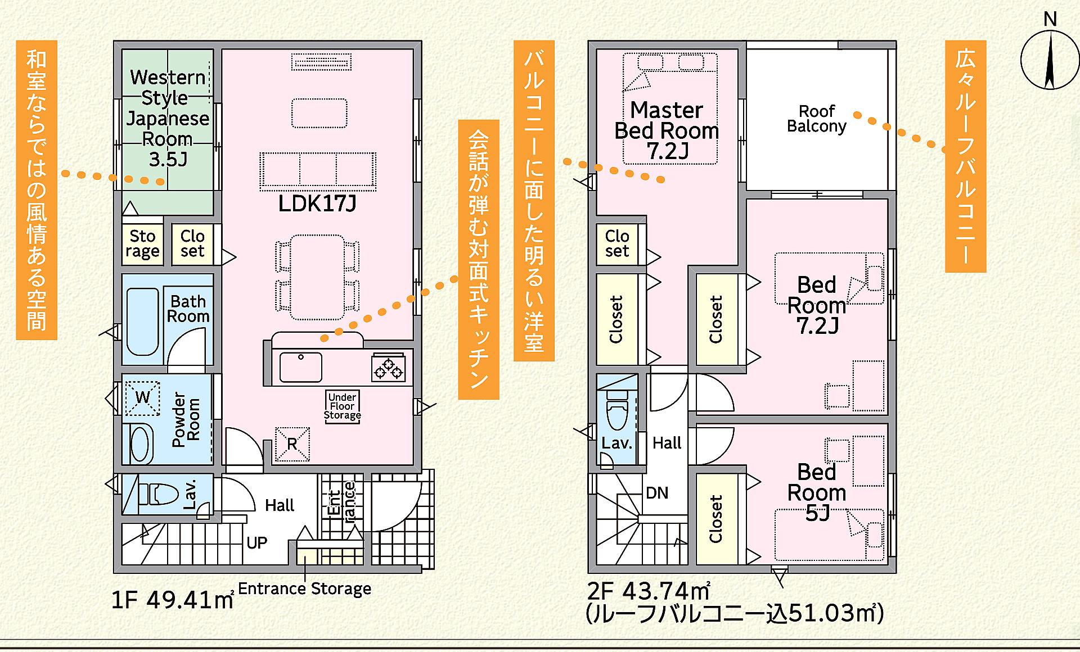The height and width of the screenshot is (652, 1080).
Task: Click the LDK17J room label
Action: (317, 203)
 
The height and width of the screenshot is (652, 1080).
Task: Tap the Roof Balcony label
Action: (817, 119)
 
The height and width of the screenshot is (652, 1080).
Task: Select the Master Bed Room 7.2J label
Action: (667, 130)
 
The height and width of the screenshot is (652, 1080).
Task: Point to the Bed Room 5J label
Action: (817, 492)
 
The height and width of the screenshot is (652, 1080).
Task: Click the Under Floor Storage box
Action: (343, 406)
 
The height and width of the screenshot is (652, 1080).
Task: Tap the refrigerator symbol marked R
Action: (292, 443)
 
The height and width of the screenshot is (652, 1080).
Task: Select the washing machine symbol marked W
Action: (142, 398)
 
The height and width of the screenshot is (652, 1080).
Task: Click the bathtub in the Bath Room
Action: (142, 322)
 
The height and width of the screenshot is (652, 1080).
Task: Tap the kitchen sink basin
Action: (301, 367)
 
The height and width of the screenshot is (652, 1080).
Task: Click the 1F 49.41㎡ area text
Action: (173, 600)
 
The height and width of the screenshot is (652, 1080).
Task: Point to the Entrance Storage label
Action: (305, 588)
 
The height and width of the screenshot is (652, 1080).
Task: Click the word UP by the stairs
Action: (256, 542)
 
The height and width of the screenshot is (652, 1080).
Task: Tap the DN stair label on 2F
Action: (657, 493)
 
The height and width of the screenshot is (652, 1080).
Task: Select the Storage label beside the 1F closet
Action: (142, 243)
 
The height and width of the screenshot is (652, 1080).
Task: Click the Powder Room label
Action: (186, 419)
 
